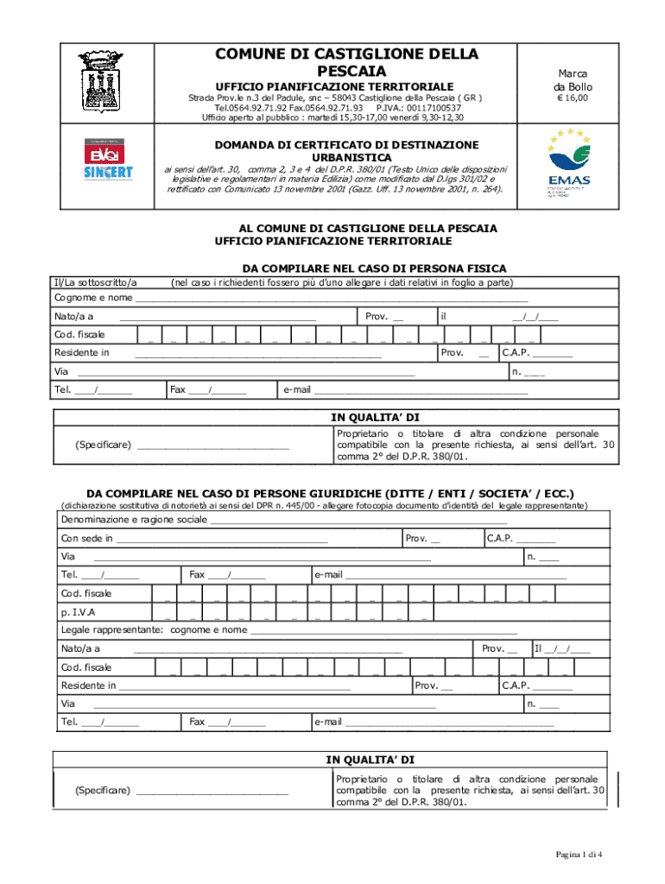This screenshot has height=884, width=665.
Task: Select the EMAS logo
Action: [568, 164]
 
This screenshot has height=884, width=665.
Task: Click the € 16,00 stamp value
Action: [572, 99]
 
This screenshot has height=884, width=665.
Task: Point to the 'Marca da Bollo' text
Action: [573, 81]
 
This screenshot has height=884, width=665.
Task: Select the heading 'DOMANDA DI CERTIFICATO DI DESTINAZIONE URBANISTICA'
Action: [334, 151]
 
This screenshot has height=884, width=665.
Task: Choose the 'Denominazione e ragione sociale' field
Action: [134, 520]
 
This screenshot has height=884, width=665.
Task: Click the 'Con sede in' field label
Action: [86, 539]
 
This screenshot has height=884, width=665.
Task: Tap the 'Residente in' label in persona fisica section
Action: [82, 352]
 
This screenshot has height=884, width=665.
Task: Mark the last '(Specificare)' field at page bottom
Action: [181, 790]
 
